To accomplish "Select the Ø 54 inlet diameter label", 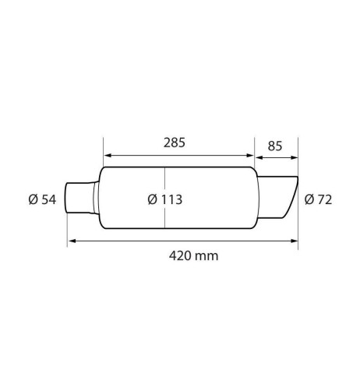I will [x=42, y=199].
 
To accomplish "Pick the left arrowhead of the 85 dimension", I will [x=259, y=158].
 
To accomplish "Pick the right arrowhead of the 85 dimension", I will [x=294, y=158].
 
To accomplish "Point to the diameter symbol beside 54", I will [x=33, y=199].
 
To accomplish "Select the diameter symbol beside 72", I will [x=309, y=199].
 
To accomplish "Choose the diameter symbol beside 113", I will [x=152, y=199].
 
